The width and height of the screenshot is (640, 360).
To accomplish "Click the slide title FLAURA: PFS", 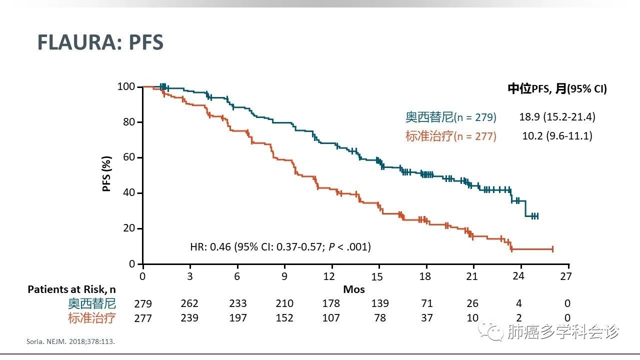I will pyautogui.click(x=100, y=43).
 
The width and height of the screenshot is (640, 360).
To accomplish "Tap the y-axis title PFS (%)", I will pyautogui.click(x=107, y=173).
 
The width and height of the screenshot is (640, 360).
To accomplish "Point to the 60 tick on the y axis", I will pyautogui.click(x=128, y=157).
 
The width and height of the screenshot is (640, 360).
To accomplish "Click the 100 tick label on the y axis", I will pyautogui.click(x=126, y=87).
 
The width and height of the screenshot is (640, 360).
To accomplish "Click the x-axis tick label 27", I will pyautogui.click(x=565, y=276).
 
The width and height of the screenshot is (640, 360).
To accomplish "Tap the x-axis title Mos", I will pyautogui.click(x=354, y=289).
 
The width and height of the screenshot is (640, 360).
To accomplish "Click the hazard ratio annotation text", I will pyautogui.click(x=280, y=246).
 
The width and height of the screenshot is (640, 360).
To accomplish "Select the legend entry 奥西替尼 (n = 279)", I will pyautogui.click(x=451, y=117).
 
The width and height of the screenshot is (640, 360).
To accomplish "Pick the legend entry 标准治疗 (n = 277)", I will pyautogui.click(x=451, y=136).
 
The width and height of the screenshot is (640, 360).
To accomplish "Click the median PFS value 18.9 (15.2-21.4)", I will pyautogui.click(x=557, y=117).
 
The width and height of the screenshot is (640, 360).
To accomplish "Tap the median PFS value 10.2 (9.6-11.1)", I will pyautogui.click(x=555, y=135).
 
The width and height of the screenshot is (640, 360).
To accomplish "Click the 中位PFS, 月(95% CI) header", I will pyautogui.click(x=557, y=89).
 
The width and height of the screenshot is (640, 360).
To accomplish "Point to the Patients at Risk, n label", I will pyautogui.click(x=74, y=289).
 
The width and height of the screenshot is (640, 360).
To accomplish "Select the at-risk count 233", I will pyautogui.click(x=238, y=303).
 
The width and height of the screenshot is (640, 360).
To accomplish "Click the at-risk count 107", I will pyautogui.click(x=331, y=318).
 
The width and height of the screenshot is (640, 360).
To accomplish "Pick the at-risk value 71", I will pyautogui.click(x=426, y=303).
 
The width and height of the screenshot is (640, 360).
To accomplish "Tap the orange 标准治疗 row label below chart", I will pyautogui.click(x=92, y=318).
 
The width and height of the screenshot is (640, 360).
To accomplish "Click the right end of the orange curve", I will pyautogui.click(x=552, y=249).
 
